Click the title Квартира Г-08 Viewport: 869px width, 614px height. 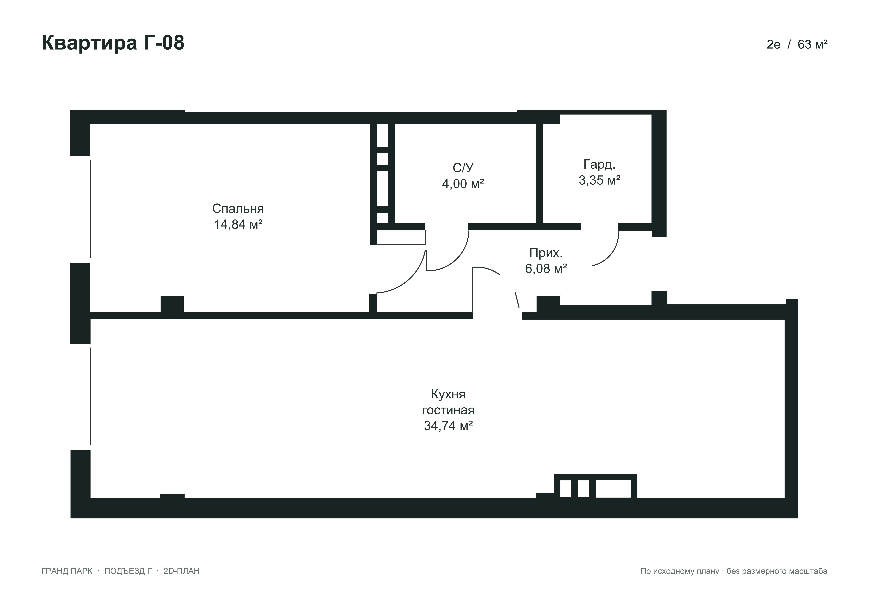[113, 43]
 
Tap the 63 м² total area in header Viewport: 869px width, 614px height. [812, 45]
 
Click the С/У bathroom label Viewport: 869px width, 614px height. [463, 168]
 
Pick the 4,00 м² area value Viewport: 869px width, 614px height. [463, 184]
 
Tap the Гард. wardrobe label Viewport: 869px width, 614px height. [599, 165]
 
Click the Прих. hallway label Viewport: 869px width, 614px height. [546, 253]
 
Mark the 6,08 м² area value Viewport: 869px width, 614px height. [546, 269]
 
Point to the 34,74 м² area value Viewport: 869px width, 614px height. [448, 426]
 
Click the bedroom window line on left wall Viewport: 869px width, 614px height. [90, 209]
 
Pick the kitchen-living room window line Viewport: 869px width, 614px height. [90, 396]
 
